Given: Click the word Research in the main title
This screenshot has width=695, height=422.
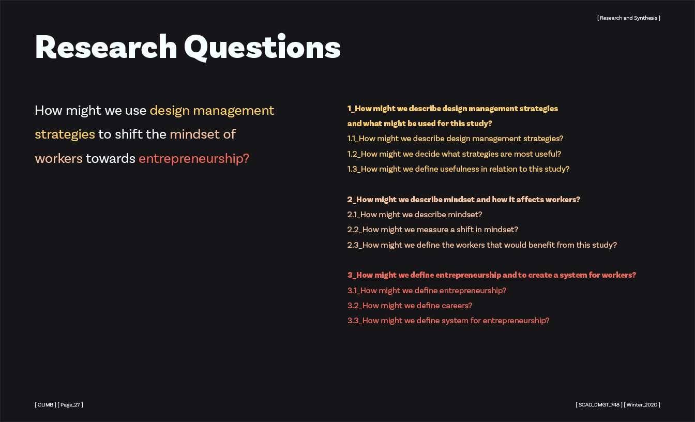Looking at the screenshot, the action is coord(106,47).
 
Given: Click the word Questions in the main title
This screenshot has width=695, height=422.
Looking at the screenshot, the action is coord(263,48).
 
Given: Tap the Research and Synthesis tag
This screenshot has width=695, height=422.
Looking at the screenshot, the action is coord(629,18).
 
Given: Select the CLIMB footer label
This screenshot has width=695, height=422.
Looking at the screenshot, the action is coord(46,404).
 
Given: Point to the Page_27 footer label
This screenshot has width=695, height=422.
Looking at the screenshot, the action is coord(70,404).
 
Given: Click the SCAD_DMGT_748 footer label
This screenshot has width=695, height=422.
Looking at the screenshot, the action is coord(599,404).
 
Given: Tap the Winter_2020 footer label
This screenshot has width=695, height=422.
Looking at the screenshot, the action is coord(642,404).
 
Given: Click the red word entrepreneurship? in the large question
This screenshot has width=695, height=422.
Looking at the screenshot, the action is coord(194,159).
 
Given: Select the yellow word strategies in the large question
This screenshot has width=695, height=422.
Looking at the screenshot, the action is coord(65,134).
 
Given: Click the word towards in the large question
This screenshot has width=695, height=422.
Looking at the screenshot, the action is coord(111,159).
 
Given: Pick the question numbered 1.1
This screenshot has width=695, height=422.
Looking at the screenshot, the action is coord(455,139).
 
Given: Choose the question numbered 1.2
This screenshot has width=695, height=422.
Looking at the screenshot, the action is coord(454,154).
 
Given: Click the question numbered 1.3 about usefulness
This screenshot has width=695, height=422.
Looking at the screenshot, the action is coord(458,169).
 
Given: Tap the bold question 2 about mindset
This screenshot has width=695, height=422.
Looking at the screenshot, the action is coord(463,200).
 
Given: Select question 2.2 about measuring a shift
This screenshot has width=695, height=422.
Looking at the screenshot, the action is coord(432,230).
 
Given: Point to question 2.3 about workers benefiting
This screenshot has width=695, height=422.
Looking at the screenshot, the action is coord(482,245).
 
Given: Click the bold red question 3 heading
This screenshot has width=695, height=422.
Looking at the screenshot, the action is coord(492,275).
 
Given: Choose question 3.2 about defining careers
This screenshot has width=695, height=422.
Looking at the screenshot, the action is coord(410,306).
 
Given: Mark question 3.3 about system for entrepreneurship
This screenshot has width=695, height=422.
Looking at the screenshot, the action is coord(448,321).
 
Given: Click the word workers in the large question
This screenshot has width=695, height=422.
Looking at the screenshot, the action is coord(58,159).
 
